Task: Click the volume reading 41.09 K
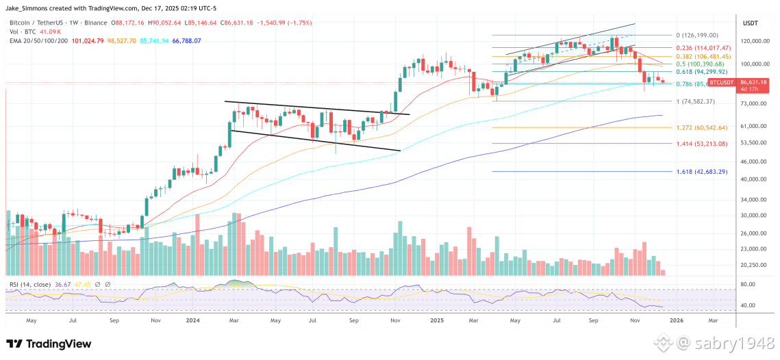(x=51, y=31)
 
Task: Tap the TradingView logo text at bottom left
(x=45, y=344)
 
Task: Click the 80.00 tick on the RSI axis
(x=748, y=284)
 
